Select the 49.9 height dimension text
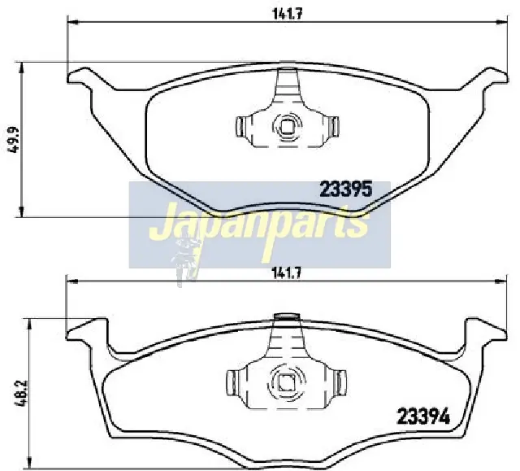click(x=14, y=140)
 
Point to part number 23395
click(x=346, y=190)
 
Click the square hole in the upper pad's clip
click(x=287, y=126)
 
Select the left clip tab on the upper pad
click(x=240, y=126)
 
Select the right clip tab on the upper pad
click(x=334, y=126)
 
